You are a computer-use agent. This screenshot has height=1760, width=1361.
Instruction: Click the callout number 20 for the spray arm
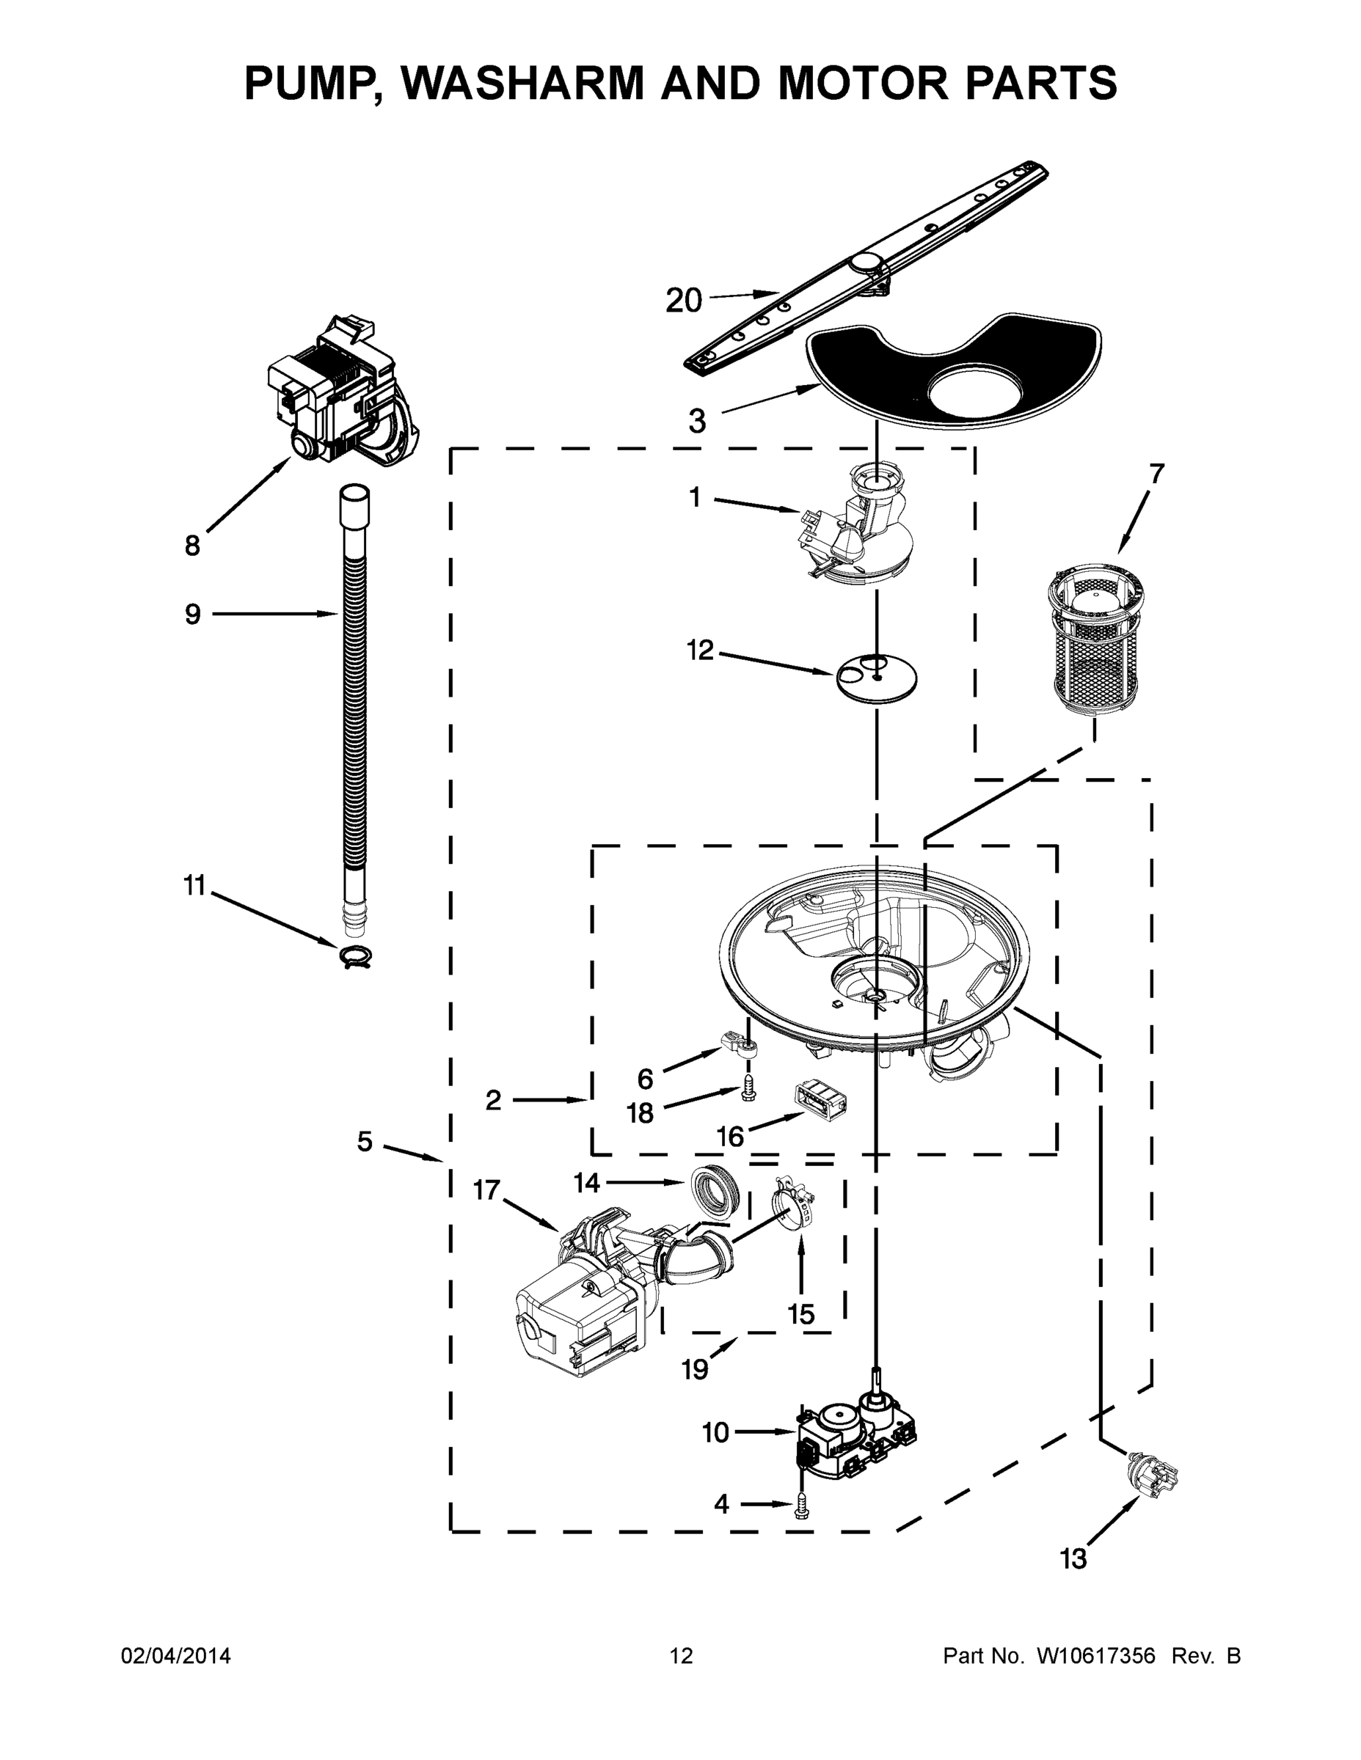click(684, 301)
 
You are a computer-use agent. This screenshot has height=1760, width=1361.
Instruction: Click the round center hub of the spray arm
click(866, 263)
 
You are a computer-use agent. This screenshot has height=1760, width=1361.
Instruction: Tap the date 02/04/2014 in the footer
click(176, 1655)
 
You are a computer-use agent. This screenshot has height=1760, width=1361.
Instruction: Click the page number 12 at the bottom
click(682, 1655)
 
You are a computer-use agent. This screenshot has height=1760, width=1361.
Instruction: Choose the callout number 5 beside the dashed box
click(365, 1141)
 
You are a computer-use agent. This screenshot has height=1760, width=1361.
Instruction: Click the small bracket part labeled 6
click(740, 1050)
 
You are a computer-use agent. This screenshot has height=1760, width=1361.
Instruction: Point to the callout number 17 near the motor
click(486, 1189)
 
